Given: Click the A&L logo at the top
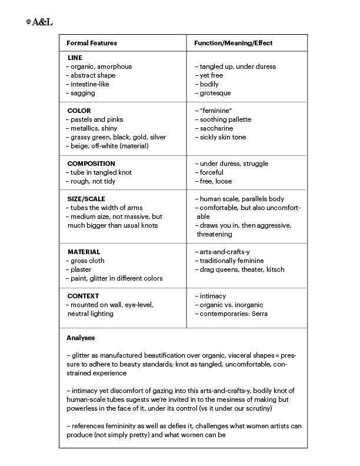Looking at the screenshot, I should tap(40, 22).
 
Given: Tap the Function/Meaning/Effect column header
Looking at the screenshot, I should tap(233, 43).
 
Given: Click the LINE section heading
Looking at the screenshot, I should tap(75, 58).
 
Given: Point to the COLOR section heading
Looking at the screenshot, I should tap(79, 111).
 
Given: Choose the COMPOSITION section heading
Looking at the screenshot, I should tap(91, 164).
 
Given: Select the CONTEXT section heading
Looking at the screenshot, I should tap(82, 296).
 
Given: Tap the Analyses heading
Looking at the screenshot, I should tap(81, 338).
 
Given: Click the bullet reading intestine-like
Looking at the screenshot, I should tap(89, 84).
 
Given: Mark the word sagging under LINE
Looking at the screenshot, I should tap(82, 93).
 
